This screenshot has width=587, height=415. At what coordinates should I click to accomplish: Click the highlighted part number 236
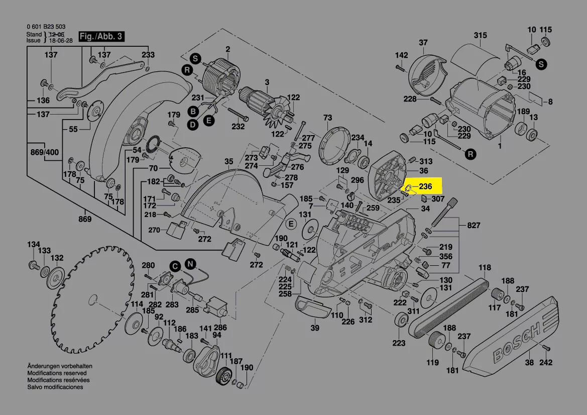[425, 186]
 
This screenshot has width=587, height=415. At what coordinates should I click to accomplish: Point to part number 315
[481, 36]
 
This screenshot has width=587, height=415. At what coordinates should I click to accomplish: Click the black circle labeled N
[190, 263]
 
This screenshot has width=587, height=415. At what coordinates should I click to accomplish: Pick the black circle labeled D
[192, 125]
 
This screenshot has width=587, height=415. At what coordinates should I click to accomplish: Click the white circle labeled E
[290, 224]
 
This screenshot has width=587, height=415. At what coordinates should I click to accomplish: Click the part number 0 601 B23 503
[46, 27]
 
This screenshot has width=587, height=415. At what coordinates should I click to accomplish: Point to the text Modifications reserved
[57, 373]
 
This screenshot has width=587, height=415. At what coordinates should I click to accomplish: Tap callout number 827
[474, 225]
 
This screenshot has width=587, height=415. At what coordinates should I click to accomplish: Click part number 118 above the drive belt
[485, 267]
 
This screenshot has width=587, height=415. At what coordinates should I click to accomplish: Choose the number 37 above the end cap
[423, 43]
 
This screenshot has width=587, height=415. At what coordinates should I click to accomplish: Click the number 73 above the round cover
[327, 118]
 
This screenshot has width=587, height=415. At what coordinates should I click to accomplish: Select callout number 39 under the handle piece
[314, 328]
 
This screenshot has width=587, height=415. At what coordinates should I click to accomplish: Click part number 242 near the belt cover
[546, 363]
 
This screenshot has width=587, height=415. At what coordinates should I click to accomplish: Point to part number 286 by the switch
[220, 327]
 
